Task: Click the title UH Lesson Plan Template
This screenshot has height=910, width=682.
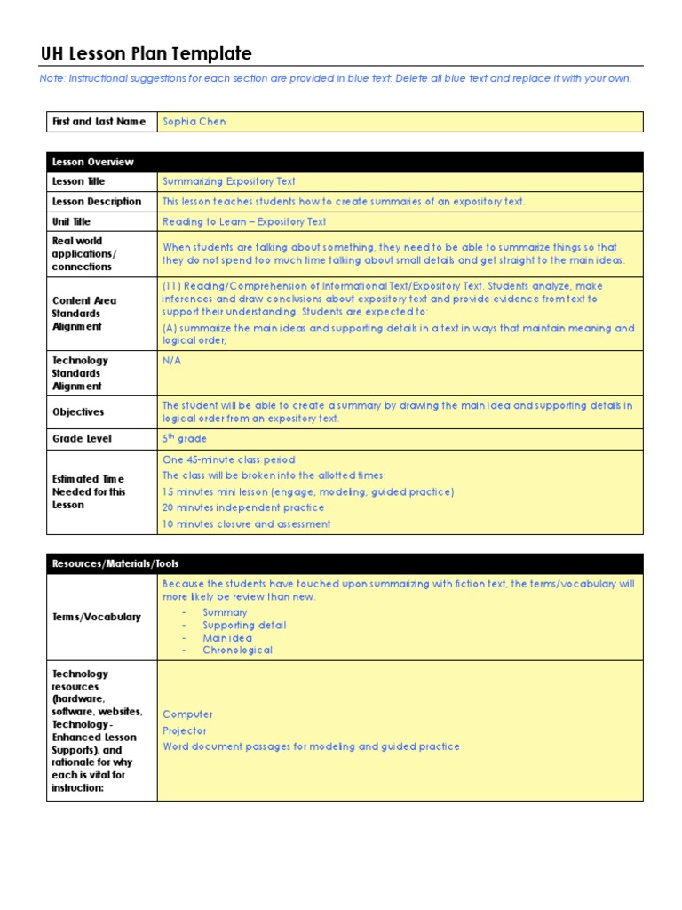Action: [147, 54]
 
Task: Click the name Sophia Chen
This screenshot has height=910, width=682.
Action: [194, 122]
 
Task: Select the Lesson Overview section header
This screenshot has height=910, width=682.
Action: [93, 162]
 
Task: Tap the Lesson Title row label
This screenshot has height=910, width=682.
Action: [79, 181]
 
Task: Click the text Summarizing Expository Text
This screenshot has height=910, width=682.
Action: [229, 181]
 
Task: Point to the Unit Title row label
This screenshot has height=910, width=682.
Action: [72, 221]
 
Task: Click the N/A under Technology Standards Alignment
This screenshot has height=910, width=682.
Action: [171, 361]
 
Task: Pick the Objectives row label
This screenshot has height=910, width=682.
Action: [78, 412]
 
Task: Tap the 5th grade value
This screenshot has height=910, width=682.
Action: [185, 438]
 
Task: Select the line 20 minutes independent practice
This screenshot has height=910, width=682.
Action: [243, 507]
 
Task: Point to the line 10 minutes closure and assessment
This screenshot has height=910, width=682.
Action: [247, 523]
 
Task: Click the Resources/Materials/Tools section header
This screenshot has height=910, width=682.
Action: [115, 563]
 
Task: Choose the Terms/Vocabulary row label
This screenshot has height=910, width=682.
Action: [97, 617]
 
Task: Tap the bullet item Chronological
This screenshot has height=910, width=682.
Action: [237, 650]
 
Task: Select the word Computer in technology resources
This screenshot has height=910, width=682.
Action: [188, 714]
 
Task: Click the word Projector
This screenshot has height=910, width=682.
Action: [185, 730]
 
